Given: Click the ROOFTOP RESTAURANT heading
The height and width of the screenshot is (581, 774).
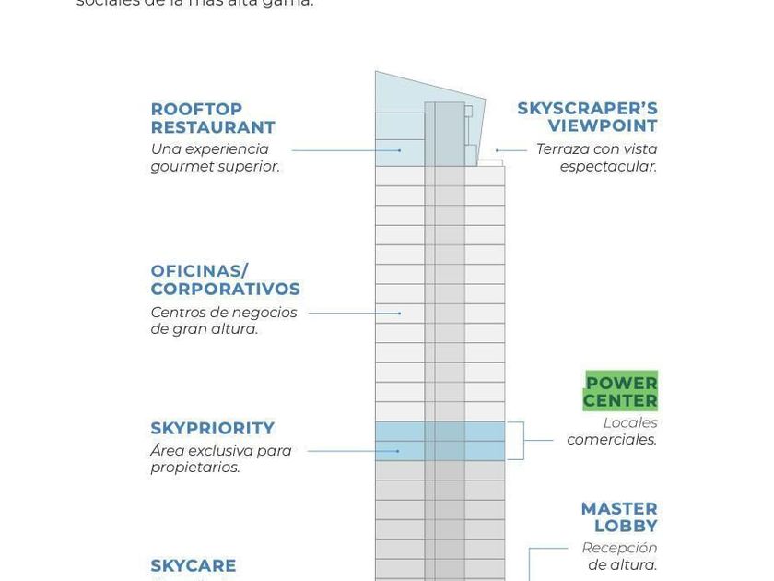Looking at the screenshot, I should pos(213,119).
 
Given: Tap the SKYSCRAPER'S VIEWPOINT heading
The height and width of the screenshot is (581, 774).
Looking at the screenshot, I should pos(588,117).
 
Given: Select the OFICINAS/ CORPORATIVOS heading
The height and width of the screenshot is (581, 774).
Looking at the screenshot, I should pos(225,280).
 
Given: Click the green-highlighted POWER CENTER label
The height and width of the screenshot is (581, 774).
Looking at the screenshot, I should pos(621,392).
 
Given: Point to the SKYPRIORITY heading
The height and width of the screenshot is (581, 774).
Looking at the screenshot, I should pos(213,429).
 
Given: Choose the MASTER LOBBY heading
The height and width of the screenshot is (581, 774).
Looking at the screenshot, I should pos(620,517).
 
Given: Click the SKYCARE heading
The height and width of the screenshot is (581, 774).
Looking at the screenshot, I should pos(193,566).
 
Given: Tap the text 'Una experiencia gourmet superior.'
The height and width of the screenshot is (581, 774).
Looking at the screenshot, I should pos(215,158).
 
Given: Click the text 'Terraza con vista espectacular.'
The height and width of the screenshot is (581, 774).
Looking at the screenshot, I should pos(597,158).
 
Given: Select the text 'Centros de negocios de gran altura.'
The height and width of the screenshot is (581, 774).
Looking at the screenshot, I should pos(224,321).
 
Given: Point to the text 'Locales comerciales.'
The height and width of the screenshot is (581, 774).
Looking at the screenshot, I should pos(613,432).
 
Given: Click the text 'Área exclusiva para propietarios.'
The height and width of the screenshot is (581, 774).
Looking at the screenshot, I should pos(221,459).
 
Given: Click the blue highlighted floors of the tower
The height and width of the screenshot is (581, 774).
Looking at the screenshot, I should pos(440,441).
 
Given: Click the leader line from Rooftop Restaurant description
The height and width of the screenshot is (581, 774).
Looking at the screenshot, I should pos(346,149).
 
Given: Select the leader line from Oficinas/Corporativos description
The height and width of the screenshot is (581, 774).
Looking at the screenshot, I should pos(354,314).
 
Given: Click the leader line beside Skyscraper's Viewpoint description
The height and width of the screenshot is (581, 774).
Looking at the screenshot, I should pos(512,149).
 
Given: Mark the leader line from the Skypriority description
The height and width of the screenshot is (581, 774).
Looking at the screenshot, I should pos(353,451).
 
